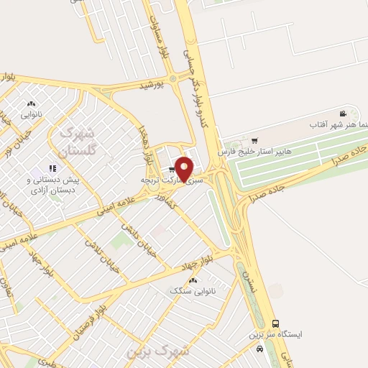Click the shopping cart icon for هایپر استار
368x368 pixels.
pyautogui.click(x=255, y=140)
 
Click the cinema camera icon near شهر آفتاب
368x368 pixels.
pyautogui.click(x=343, y=114)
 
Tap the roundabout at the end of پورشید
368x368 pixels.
pyautogui.click(x=173, y=77)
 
